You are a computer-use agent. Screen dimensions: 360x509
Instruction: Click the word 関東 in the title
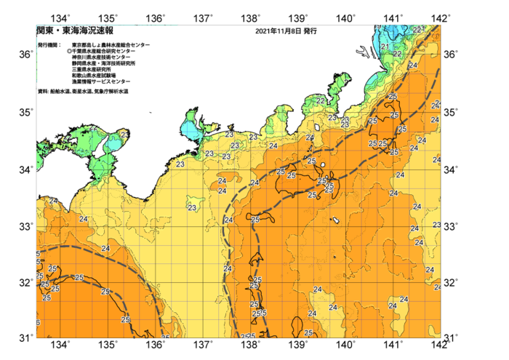[44, 31]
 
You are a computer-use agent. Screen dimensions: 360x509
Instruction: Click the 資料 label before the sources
[42, 91]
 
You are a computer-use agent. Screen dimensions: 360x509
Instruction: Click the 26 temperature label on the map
[166, 337]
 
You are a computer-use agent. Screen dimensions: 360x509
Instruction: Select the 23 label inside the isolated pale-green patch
[192, 208]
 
